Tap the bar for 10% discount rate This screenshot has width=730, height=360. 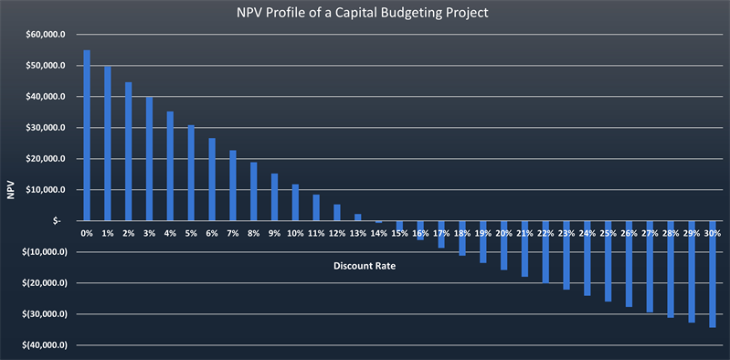coord(295,202)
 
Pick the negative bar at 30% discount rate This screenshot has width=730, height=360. coord(712,274)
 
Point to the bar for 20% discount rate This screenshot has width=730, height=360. coord(503,245)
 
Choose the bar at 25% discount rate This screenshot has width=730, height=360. coord(608,260)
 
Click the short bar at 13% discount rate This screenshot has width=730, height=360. coord(357,217)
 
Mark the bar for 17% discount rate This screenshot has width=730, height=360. coord(440,234)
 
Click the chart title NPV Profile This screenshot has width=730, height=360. coord(365,14)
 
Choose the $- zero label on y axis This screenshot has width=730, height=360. coord(58,221)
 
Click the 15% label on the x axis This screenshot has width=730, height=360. coord(399,233)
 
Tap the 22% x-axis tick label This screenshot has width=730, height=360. coord(545,233)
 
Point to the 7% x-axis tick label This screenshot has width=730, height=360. coord(232,233)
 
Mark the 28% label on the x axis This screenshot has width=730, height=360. coord(671,233)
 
